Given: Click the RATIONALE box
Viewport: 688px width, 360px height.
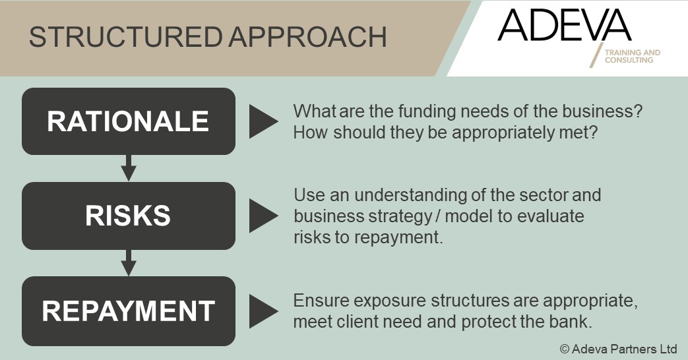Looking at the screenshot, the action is (129, 121).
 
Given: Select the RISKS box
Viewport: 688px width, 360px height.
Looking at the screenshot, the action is (129, 216).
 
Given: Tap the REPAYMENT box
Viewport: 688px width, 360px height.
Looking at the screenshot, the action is (129, 311).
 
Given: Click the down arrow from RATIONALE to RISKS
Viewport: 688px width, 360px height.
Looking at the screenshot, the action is (129, 168).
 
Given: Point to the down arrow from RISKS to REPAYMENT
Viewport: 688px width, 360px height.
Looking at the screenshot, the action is (129, 262).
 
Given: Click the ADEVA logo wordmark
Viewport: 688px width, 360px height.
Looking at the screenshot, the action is (564, 25).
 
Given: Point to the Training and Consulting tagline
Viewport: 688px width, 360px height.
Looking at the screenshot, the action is (633, 56).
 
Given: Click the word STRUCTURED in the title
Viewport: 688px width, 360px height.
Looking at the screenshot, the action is (125, 37).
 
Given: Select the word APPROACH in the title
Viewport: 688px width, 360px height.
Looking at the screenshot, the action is (307, 37).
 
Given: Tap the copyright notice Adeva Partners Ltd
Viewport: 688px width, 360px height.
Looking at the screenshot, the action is (618, 349).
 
